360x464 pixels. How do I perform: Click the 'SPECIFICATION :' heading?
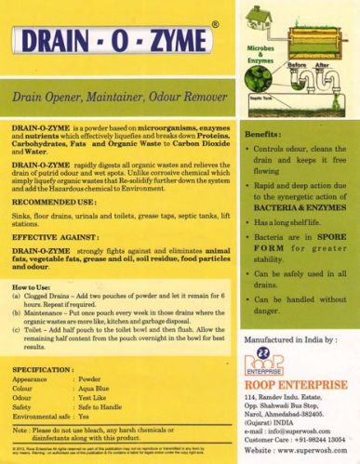pyautogui.click(x=48, y=370)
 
